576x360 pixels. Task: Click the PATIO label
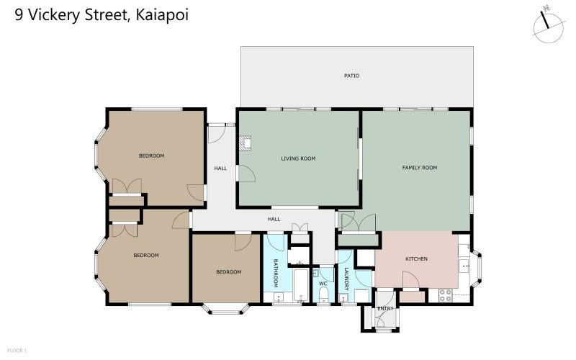coord(351,76)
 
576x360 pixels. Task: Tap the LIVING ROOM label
coord(298,158)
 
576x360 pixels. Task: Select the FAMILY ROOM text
coord(419,168)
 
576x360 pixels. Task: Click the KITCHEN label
coord(416,259)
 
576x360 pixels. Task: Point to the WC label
coord(323,284)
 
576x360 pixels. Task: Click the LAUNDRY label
coord(346,279)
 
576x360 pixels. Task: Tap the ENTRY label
coord(385,309)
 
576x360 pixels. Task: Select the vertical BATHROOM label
coord(275,274)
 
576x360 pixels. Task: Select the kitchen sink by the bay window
coord(466,265)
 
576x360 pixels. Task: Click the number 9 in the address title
coord(19,14)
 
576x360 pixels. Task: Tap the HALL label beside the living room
coord(220,168)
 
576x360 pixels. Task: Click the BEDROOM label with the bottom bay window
coord(228,272)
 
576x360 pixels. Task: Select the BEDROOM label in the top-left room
coord(151,156)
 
